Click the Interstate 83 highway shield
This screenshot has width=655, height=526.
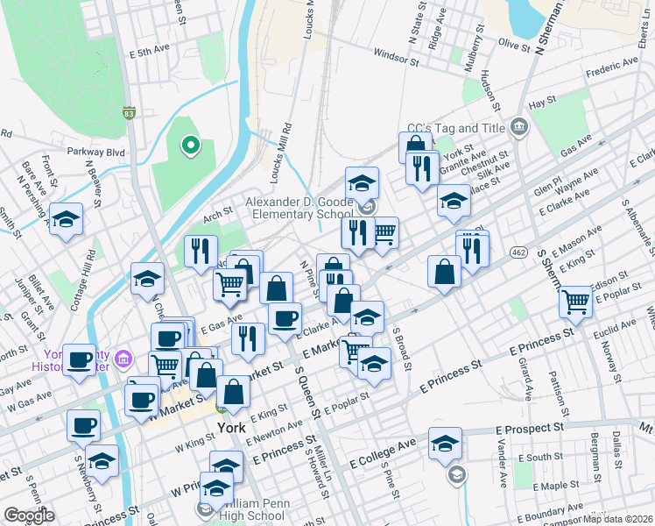click(x=129, y=113)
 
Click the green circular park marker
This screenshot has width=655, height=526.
click(x=188, y=146)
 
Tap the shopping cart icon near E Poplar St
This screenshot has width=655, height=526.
click(x=576, y=302)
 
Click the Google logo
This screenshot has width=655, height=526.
click(x=29, y=515)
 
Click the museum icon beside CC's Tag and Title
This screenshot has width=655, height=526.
click(x=520, y=129)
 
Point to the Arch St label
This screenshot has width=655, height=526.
click(x=216, y=210)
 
